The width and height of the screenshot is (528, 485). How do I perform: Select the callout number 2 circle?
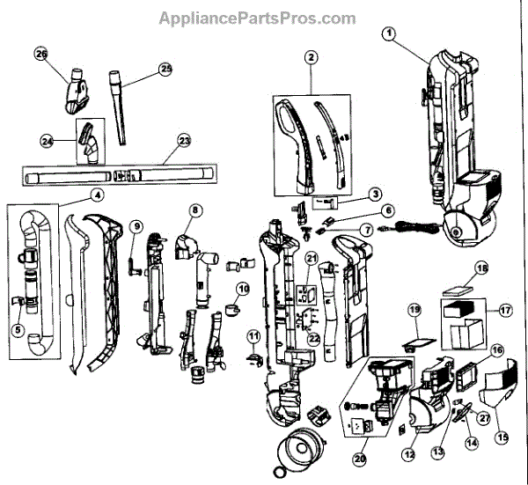pos(311,58)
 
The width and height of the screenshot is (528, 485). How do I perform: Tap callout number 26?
pos(40,55)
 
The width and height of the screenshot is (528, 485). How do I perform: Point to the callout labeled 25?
pos(165,69)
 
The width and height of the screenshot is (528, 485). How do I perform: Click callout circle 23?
pos(184,140)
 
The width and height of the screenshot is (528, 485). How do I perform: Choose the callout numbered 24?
pos(48,141)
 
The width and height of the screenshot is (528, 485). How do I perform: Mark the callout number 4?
pos(97,195)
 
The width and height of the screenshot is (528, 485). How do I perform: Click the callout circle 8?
pos(194,210)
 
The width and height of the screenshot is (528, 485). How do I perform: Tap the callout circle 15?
pos(502,437)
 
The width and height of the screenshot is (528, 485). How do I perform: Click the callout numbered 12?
pos(408,454)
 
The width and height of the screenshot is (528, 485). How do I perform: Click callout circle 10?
pos(242,288)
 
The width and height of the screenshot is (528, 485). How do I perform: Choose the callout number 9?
pos(136,226)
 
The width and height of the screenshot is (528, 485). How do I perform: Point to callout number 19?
pos(414,310)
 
